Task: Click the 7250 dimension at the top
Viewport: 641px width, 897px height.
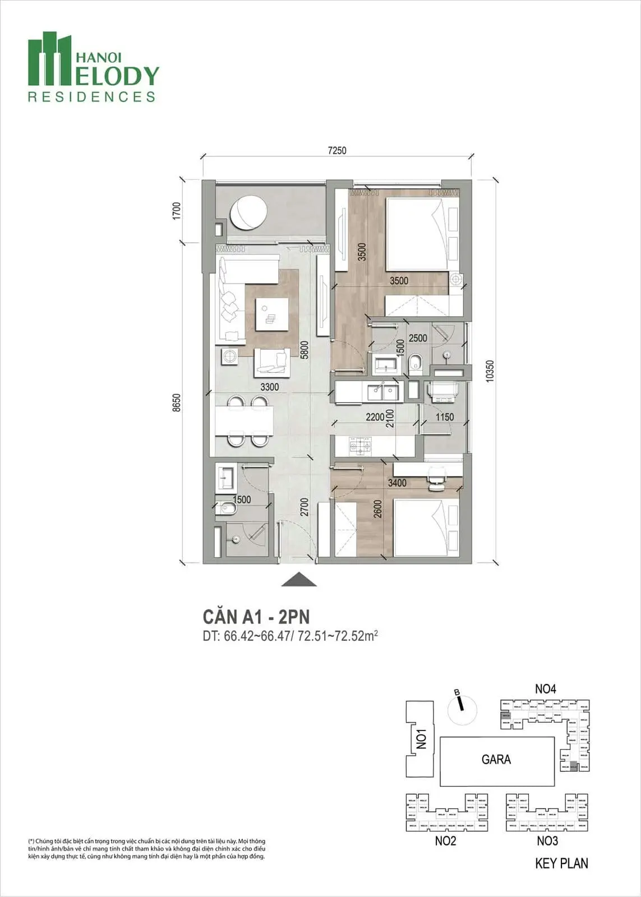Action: [x=337, y=150]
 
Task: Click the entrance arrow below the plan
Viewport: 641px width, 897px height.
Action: [x=298, y=580]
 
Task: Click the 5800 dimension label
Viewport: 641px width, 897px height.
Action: [x=303, y=350]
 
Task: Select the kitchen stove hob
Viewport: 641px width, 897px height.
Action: [x=361, y=446]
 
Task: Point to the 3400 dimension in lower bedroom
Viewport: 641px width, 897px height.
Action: [x=397, y=483]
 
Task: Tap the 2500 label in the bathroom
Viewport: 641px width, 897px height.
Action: [x=418, y=339]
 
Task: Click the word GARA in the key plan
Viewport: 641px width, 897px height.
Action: [x=496, y=760]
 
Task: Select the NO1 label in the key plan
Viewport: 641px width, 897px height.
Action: [x=422, y=738]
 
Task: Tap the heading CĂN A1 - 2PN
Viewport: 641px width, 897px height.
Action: [x=256, y=617]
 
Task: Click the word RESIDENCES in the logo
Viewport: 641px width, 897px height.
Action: [x=91, y=97]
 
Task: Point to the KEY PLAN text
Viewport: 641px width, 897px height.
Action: [x=561, y=863]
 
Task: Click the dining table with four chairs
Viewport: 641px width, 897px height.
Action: [x=244, y=421]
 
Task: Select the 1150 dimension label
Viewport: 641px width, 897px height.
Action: [x=445, y=417]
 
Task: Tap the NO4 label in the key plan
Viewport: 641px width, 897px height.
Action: [x=545, y=689]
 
